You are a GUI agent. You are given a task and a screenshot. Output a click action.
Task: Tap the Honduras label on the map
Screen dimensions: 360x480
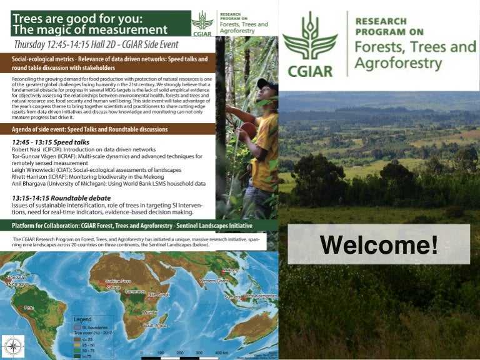tap(16, 277)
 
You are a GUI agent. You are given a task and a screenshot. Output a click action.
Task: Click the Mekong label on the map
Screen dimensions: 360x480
tap(231, 270)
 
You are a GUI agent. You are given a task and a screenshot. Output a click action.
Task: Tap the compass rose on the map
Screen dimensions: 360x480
tap(13, 346)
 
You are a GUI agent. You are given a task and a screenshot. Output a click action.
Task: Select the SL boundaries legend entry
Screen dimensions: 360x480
tap(92, 327)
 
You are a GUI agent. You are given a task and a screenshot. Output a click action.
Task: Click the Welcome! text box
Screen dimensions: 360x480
tap(378, 244)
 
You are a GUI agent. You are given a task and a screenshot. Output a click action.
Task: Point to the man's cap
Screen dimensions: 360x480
tap(267, 84)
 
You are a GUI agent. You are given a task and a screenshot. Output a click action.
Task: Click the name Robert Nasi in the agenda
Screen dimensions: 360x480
tap(29, 151)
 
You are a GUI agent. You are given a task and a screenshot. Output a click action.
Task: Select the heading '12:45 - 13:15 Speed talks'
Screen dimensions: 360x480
tap(51, 142)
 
